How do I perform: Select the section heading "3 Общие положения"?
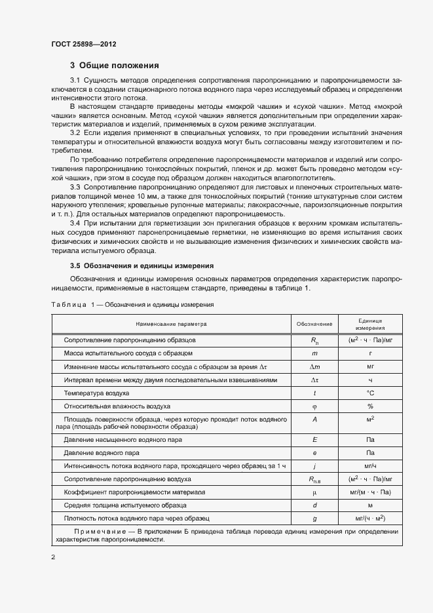pyautogui.click(x=115, y=66)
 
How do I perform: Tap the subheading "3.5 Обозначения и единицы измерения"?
pyautogui.click(x=141, y=266)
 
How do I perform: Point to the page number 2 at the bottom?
pyautogui.click(x=52, y=557)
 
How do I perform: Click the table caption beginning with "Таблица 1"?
pyautogui.click(x=131, y=305)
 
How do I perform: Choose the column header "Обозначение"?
pyautogui.click(x=314, y=324)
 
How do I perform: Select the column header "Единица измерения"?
pyautogui.click(x=370, y=324)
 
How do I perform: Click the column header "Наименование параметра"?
pyautogui.click(x=171, y=324)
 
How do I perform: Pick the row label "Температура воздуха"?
pyautogui.click(x=96, y=393)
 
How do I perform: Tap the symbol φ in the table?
pyautogui.click(x=314, y=406)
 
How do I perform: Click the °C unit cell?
pyautogui.click(x=370, y=393)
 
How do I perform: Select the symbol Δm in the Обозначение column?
pyautogui.click(x=314, y=366)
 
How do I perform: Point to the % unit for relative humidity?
pyautogui.click(x=370, y=406)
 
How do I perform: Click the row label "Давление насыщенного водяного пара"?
pyautogui.click(x=122, y=439)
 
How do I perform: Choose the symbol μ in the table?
pyautogui.click(x=314, y=492)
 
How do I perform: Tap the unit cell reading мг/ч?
pyautogui.click(x=370, y=465)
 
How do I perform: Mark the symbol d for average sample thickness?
pyautogui.click(x=314, y=505)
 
